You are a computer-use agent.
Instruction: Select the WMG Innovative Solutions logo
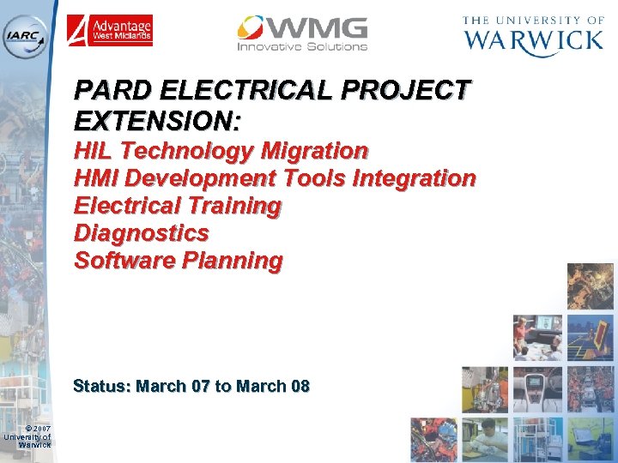click(302, 33)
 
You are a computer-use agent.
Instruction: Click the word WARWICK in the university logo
click(533, 40)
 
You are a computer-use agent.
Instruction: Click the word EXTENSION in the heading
click(154, 120)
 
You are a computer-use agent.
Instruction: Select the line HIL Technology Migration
click(221, 151)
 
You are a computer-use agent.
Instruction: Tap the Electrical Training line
click(178, 206)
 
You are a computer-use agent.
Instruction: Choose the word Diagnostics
click(142, 233)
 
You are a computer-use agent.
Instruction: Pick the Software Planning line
click(178, 261)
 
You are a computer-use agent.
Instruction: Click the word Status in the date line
click(101, 386)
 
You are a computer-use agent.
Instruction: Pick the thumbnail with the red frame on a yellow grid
click(591, 337)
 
